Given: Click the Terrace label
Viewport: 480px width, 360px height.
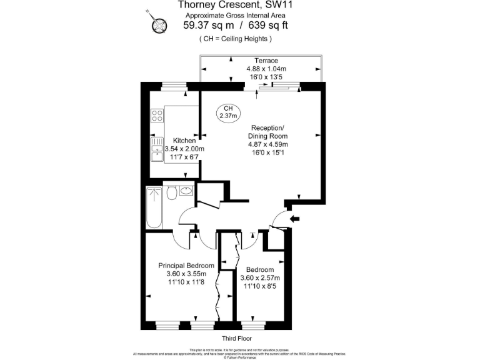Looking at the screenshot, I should (x=262, y=61).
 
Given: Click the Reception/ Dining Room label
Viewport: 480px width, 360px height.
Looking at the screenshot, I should (x=267, y=132).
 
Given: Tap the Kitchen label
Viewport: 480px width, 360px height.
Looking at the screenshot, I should (x=185, y=141).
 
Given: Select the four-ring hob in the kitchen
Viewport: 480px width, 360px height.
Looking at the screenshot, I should (x=156, y=115).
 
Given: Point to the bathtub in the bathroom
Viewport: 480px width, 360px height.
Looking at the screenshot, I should (x=153, y=207).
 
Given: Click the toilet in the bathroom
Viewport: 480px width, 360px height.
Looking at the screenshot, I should (x=171, y=193).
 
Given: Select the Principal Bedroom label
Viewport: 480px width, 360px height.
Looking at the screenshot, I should (x=186, y=266).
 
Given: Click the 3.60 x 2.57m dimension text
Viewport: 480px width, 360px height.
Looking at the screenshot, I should (x=260, y=278).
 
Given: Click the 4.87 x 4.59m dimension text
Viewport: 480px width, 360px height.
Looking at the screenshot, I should (x=267, y=144).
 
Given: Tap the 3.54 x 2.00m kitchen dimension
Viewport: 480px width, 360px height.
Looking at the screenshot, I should (x=184, y=149).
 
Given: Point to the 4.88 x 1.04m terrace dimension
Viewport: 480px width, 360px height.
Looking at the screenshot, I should (x=266, y=69).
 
